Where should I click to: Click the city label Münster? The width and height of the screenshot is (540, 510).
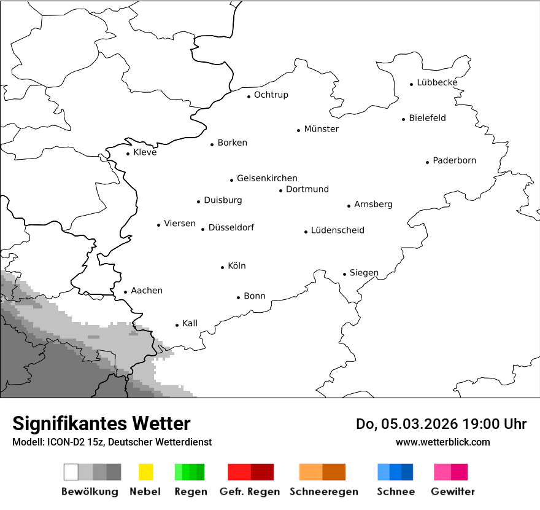(x=321, y=129)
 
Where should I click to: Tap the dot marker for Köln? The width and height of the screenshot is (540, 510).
(x=222, y=267)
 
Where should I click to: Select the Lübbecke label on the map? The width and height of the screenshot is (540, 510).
(x=437, y=82)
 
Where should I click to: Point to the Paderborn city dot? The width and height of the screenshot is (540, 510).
(x=427, y=162)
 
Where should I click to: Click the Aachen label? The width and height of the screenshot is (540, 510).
(x=147, y=291)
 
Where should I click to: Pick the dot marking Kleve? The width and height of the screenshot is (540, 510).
(x=128, y=154)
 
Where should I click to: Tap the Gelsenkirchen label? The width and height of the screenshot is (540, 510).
(x=267, y=178)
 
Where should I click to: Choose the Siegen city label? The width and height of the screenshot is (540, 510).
(x=364, y=273)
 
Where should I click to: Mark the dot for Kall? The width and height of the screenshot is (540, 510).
(x=177, y=325)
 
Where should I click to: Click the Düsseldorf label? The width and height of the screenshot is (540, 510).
(x=231, y=227)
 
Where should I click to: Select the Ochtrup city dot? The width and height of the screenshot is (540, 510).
(x=249, y=96)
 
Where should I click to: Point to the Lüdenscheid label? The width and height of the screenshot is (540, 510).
(x=337, y=230)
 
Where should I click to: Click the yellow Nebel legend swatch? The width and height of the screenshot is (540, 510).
(x=145, y=472)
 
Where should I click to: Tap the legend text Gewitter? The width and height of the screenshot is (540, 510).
(x=452, y=492)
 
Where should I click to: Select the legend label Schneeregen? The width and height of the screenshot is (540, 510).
(x=322, y=492)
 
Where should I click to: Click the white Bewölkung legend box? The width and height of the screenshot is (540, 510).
(x=71, y=472)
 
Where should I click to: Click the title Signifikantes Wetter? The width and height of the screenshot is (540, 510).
(x=101, y=423)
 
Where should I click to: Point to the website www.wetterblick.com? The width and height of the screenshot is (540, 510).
(x=442, y=442)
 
